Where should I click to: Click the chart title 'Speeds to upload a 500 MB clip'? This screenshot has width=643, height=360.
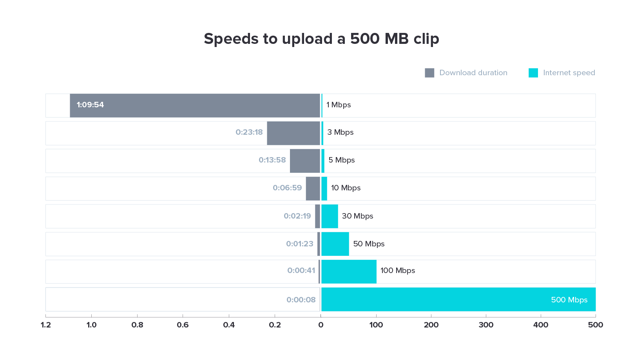[x=321, y=39]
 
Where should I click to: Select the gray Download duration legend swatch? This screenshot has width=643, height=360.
[x=429, y=73]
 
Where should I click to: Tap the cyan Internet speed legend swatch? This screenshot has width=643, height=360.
[x=533, y=73]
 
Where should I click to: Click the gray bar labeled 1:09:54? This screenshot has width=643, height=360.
[x=195, y=105]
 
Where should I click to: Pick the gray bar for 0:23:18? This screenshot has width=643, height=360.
[x=293, y=133]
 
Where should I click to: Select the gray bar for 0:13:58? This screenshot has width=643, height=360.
[x=305, y=161]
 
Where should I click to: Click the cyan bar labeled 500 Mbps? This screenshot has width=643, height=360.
[x=458, y=300]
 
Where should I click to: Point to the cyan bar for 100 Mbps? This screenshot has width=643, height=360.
[x=349, y=271]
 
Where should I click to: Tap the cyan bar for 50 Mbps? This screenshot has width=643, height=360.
[x=335, y=244]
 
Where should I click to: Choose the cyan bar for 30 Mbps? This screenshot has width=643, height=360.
[x=330, y=216]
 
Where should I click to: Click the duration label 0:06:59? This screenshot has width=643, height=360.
[x=287, y=188]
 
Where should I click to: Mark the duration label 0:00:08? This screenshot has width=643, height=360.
[x=301, y=300]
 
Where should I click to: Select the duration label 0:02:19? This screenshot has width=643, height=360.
[x=297, y=216]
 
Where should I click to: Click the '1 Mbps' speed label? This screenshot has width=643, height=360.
[x=339, y=105]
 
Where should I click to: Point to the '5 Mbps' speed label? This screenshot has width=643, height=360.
[x=341, y=160]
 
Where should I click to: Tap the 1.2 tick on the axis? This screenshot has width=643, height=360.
[x=46, y=325]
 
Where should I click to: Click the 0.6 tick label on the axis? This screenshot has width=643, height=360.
[x=183, y=325]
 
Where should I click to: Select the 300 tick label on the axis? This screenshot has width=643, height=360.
[x=486, y=325]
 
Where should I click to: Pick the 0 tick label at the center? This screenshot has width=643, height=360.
[x=321, y=325]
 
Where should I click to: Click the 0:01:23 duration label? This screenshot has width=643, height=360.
[x=300, y=244]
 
